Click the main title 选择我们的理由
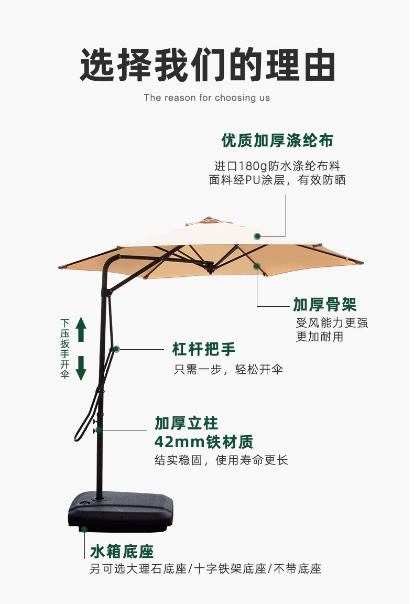(x=207, y=65)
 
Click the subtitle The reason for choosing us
(x=207, y=98)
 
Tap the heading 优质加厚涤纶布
(x=277, y=141)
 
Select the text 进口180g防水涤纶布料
(x=277, y=166)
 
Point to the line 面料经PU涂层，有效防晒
(x=277, y=180)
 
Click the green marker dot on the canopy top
(x=257, y=236)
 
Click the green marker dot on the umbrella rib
(x=257, y=266)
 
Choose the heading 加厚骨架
(x=325, y=304)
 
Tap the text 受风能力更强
(x=332, y=322)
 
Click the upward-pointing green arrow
(x=81, y=329)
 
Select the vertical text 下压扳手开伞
(x=65, y=349)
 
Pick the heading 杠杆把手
(x=204, y=349)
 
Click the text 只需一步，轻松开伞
(x=228, y=369)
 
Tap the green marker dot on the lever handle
(x=116, y=349)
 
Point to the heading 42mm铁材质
(x=204, y=441)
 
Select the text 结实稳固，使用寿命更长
(x=221, y=460)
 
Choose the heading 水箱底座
(x=122, y=551)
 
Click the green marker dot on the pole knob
(x=99, y=430)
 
